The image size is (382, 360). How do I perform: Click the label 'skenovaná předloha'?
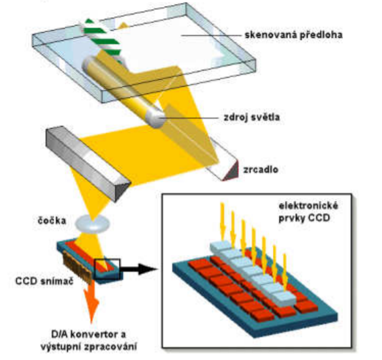[294, 35]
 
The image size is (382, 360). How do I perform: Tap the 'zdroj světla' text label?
[251, 117]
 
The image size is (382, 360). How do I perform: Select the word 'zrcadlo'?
[261, 170]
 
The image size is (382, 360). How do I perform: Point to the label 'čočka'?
[52, 220]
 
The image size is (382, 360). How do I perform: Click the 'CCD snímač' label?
[44, 281]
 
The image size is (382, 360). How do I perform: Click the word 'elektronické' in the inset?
[308, 206]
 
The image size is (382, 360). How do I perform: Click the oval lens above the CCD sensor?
[92, 224]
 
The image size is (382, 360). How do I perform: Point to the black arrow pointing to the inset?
[138, 269]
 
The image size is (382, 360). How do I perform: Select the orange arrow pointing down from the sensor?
[91, 303]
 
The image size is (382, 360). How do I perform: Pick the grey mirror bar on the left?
[88, 164]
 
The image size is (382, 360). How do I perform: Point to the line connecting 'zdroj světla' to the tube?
[189, 118]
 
